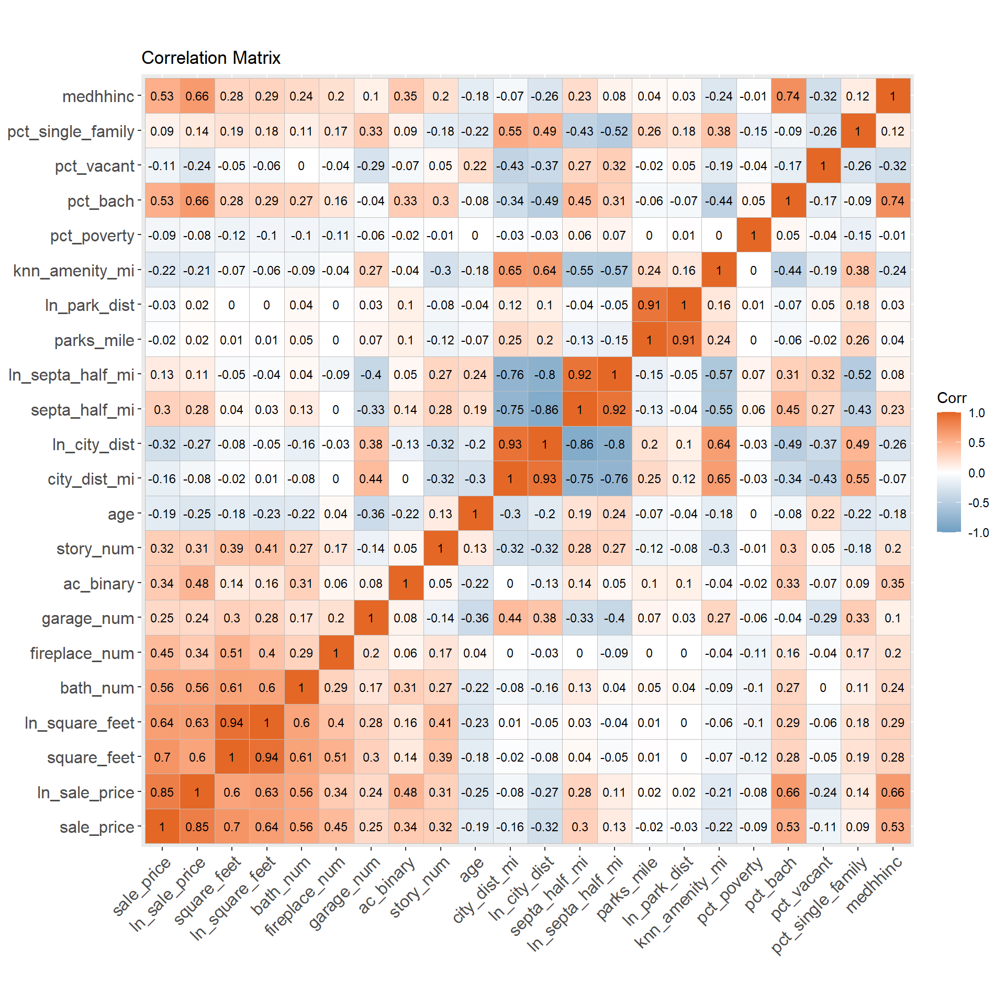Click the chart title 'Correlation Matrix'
(x=210, y=58)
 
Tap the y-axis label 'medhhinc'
(x=98, y=96)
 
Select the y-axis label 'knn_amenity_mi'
(x=74, y=271)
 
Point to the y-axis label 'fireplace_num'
(x=82, y=653)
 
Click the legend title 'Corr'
(x=951, y=398)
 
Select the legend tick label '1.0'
(x=977, y=413)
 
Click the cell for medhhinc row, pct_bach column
(x=788, y=96)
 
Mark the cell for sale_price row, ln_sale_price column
(x=197, y=827)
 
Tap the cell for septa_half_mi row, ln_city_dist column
(x=544, y=410)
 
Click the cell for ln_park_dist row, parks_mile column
(x=649, y=305)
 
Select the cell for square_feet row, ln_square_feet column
(x=266, y=757)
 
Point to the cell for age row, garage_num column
(x=371, y=514)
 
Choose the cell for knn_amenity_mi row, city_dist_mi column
(x=510, y=271)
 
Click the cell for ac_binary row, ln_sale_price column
(x=197, y=584)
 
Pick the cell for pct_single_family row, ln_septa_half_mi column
(x=614, y=131)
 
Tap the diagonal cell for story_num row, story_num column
(x=440, y=549)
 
